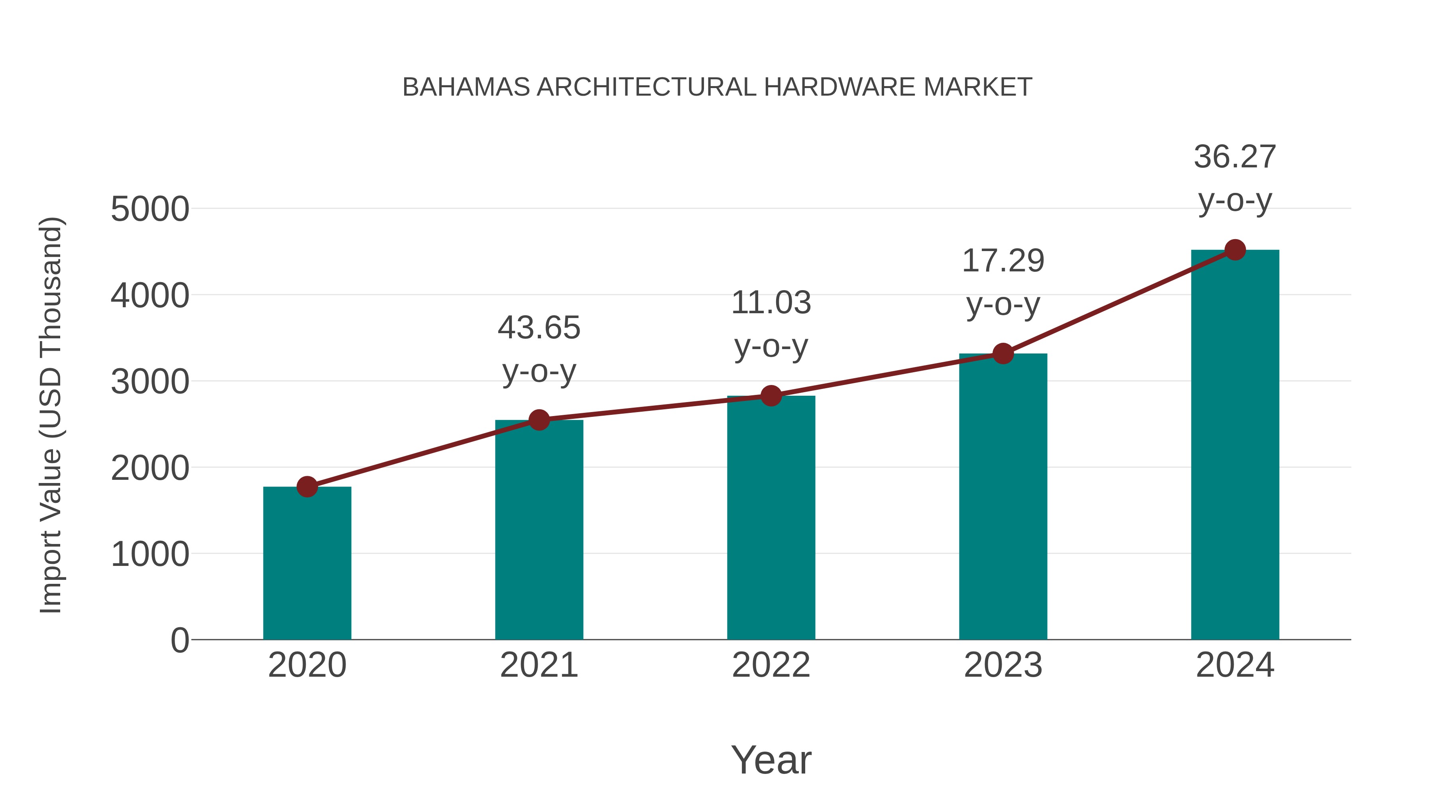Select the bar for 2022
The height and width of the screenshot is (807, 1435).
pyautogui.click(x=771, y=518)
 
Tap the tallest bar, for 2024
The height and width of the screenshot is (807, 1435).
pyautogui.click(x=1235, y=446)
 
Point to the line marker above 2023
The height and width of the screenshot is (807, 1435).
pyautogui.click(x=1003, y=353)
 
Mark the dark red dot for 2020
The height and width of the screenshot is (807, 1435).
pyautogui.click(x=307, y=487)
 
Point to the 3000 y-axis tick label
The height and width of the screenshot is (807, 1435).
pyautogui.click(x=150, y=382)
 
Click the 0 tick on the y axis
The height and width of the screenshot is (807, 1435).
pyautogui.click(x=180, y=640)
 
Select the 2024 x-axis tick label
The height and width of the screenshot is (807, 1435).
pyautogui.click(x=1235, y=665)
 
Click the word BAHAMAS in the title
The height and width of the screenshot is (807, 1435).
pyautogui.click(x=466, y=87)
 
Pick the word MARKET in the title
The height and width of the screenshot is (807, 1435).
pyautogui.click(x=978, y=87)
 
